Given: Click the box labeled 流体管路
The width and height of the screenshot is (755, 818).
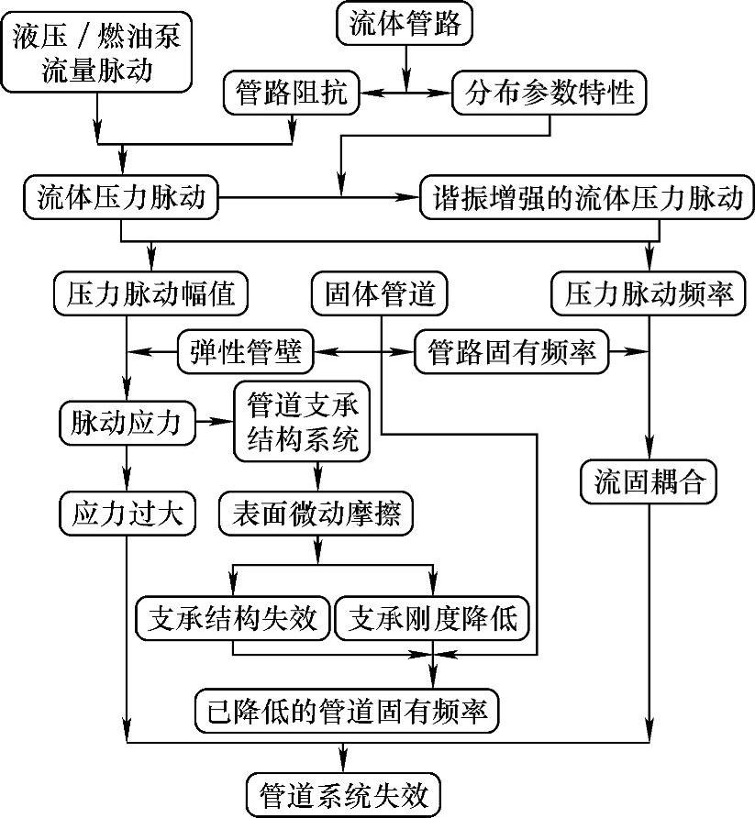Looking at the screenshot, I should (x=405, y=25).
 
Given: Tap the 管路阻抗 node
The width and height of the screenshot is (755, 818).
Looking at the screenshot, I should (x=292, y=93).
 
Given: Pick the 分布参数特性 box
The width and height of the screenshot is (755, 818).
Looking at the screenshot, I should (x=550, y=93).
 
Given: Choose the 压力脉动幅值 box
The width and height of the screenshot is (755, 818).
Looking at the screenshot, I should (x=151, y=294).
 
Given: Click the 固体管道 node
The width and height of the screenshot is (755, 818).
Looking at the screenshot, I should (x=378, y=294).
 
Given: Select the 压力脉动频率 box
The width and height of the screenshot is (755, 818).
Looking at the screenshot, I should (x=649, y=294).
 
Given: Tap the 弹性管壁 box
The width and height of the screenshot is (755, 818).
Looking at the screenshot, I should (x=245, y=351).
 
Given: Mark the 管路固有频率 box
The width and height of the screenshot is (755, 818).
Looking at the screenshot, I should (x=512, y=351).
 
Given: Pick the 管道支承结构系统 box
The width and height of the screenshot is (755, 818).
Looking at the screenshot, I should (x=303, y=422).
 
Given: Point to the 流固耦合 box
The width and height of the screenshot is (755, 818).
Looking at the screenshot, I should (x=649, y=483).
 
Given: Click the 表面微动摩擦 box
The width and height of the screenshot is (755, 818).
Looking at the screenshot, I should (x=316, y=513).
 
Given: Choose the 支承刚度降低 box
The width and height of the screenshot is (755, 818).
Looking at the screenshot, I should (x=432, y=619).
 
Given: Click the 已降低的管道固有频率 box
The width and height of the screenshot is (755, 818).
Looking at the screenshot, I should (x=347, y=710).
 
